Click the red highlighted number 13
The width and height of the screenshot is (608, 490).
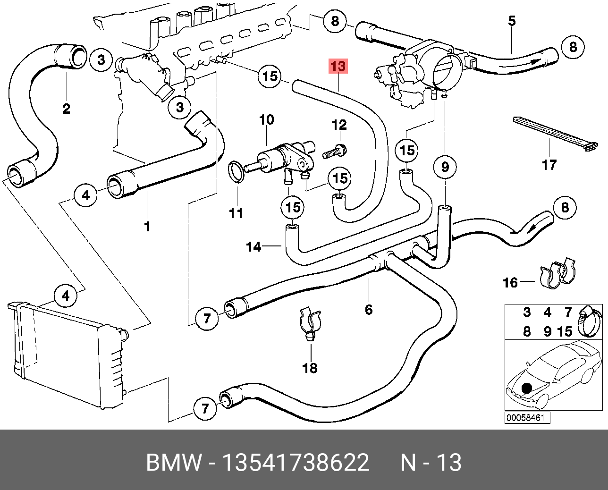(338, 67)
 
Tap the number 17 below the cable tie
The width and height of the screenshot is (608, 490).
(549, 165)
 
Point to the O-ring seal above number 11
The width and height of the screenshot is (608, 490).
(236, 171)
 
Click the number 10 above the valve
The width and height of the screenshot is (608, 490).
(266, 119)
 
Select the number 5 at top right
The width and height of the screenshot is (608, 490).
(512, 21)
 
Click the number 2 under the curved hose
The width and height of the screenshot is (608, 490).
(67, 109)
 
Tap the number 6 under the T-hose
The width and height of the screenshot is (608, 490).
(369, 310)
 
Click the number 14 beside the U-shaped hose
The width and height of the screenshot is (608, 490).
(254, 246)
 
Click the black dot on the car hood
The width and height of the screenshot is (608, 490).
(526, 389)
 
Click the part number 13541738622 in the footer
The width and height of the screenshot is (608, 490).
(296, 463)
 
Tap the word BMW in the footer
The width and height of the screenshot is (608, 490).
(173, 463)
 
